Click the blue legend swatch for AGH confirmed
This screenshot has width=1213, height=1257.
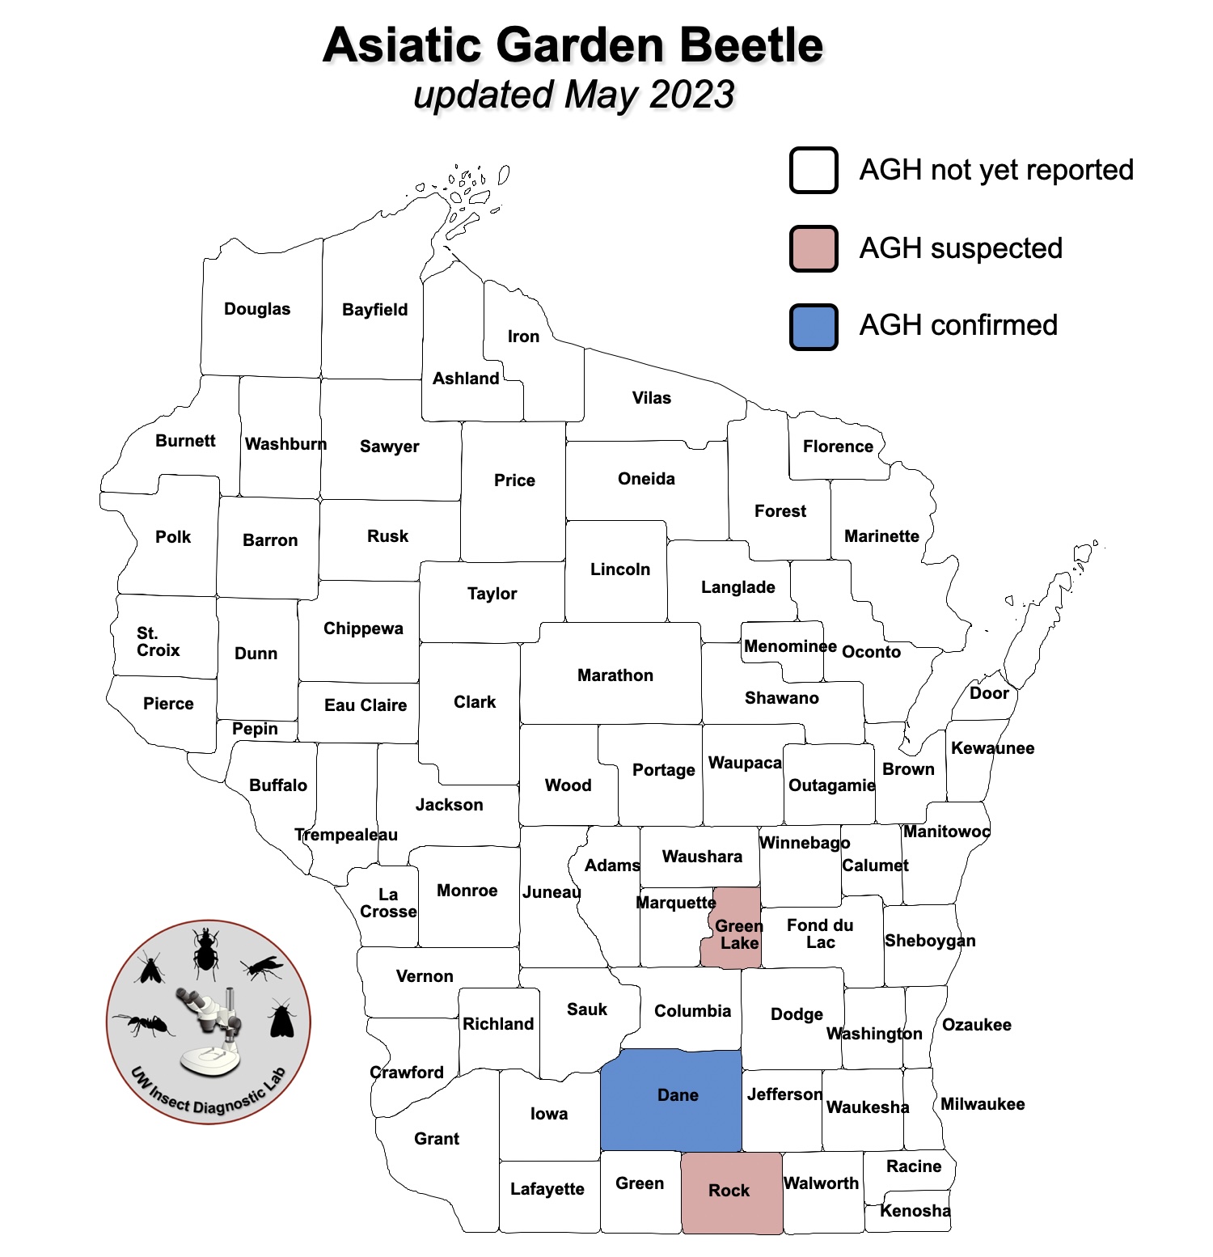[814, 327]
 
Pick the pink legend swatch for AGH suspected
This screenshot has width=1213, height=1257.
[814, 248]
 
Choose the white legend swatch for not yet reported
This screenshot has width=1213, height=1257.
[814, 171]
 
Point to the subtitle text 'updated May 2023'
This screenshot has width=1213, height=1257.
[573, 95]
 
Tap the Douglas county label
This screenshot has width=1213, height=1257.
[257, 309]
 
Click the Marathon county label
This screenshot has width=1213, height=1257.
[615, 675]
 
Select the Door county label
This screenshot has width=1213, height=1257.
[989, 693]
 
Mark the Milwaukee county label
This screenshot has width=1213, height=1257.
[983, 1104]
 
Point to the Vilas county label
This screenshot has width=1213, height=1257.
[652, 398]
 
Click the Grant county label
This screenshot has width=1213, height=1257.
[437, 1139]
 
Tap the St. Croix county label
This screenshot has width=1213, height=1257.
[158, 641]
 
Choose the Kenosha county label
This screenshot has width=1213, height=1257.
[915, 1211]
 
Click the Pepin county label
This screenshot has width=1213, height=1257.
[255, 729]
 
